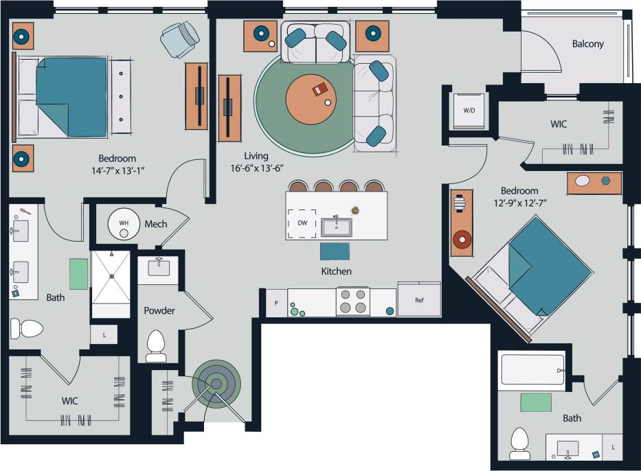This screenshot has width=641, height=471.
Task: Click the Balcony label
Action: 587,44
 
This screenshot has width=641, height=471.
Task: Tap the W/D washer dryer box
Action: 469,110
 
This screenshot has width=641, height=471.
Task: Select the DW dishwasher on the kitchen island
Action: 302,223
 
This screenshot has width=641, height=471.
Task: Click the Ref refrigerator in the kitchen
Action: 419,300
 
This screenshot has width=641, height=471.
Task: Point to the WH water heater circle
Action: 124,223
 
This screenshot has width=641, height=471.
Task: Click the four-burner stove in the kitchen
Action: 352,301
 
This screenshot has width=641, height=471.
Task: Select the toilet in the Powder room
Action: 157,345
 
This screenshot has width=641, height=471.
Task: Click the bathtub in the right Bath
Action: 533,369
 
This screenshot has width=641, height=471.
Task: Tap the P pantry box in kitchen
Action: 276,303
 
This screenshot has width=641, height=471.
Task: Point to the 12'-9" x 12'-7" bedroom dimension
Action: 519,203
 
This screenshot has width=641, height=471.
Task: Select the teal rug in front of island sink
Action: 335,251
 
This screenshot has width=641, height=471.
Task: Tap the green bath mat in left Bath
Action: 78,273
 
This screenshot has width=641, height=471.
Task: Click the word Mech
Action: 156,224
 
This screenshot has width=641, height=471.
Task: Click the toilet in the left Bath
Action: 25,328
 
